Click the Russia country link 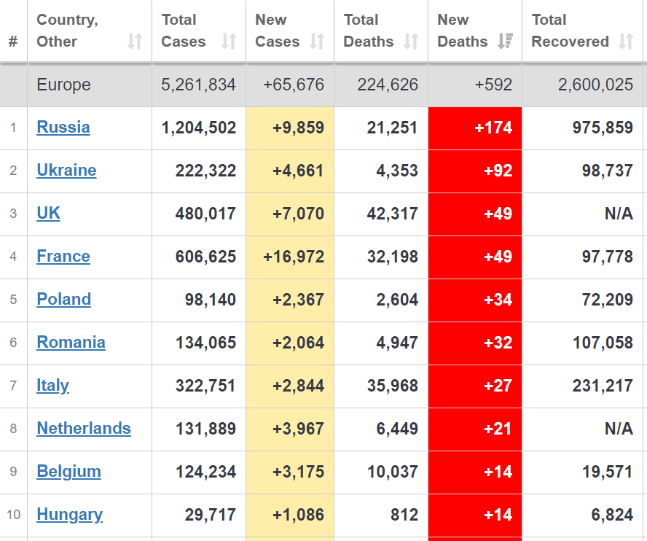63,128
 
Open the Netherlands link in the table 84,429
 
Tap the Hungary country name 69,515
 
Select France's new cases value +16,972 294,257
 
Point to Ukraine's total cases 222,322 205,171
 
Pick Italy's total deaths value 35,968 393,386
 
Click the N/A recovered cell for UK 619,214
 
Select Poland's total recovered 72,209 603,300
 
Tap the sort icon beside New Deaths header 505,42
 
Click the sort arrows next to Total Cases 229,42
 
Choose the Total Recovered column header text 570,31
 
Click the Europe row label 63,85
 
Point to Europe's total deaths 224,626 388,85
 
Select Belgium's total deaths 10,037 393,472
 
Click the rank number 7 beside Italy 13,386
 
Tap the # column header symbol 13,42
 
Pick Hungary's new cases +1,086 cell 298,515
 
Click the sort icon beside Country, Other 135,42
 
